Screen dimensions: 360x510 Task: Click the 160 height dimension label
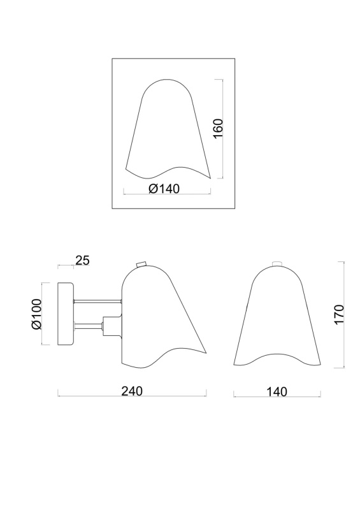pos(218,128)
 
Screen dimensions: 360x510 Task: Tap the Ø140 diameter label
pos(164,188)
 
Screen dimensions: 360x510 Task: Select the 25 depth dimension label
pos(82,260)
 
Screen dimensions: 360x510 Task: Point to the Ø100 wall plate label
pos(36,314)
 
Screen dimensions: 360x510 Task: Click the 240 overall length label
pos(132,391)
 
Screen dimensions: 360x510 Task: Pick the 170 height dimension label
pos(338,314)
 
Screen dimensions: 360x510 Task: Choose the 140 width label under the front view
pos(277,392)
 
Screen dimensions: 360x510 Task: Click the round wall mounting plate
pos(66,314)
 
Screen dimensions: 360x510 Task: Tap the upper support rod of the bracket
pos(98,302)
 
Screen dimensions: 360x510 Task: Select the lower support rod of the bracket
pos(88,324)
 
